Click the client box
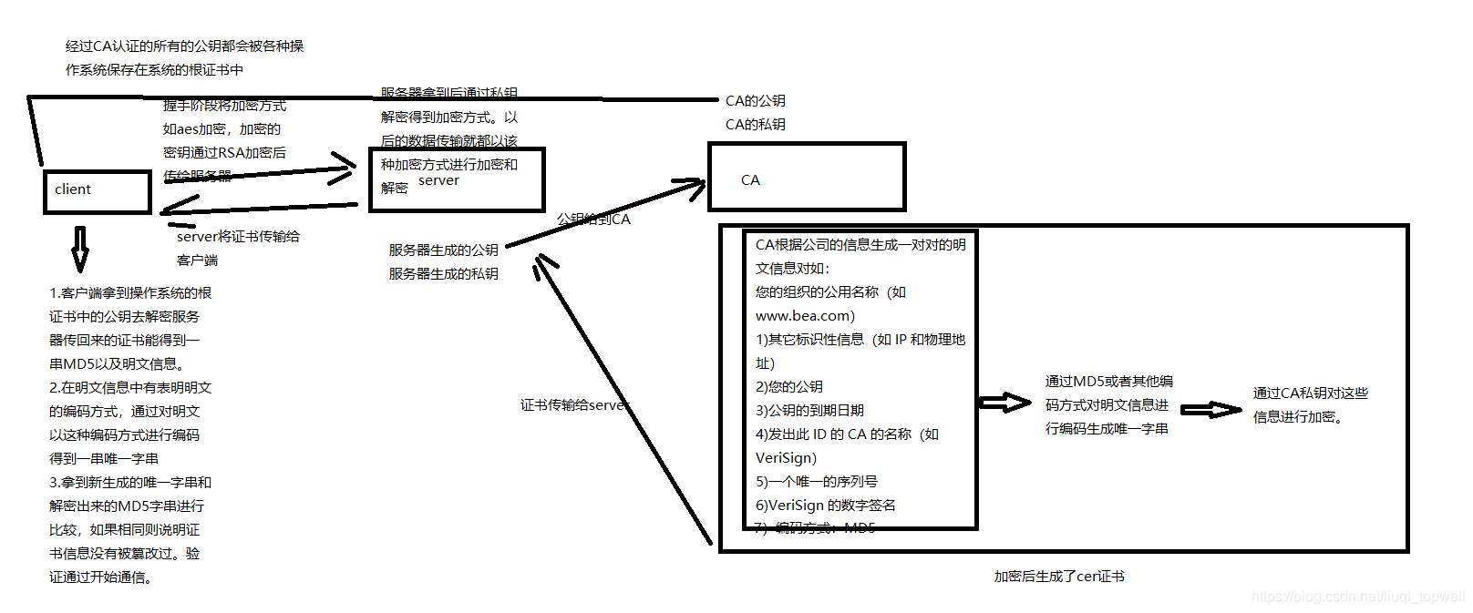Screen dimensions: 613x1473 tap(98, 191)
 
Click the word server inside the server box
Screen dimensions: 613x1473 tap(438, 180)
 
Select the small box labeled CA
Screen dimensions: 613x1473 tap(807, 177)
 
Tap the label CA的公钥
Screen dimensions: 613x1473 tap(755, 101)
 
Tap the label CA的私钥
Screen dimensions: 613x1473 tap(755, 125)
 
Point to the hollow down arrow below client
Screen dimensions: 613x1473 tap(80, 249)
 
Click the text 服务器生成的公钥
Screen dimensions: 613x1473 tap(443, 250)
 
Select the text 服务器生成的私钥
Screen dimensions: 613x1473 tap(443, 273)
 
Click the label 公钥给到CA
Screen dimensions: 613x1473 tap(593, 220)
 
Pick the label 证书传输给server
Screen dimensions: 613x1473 tap(574, 405)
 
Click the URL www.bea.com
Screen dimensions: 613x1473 tap(805, 316)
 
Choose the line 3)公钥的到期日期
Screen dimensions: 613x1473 tap(809, 411)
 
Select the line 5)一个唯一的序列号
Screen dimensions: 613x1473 tap(816, 482)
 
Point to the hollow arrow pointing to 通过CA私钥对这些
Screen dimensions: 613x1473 tap(1210, 410)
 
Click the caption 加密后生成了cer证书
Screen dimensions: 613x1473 tap(1058, 577)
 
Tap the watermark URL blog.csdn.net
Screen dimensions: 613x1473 tap(1357, 597)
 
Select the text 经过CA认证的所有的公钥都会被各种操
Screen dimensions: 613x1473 tap(184, 46)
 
